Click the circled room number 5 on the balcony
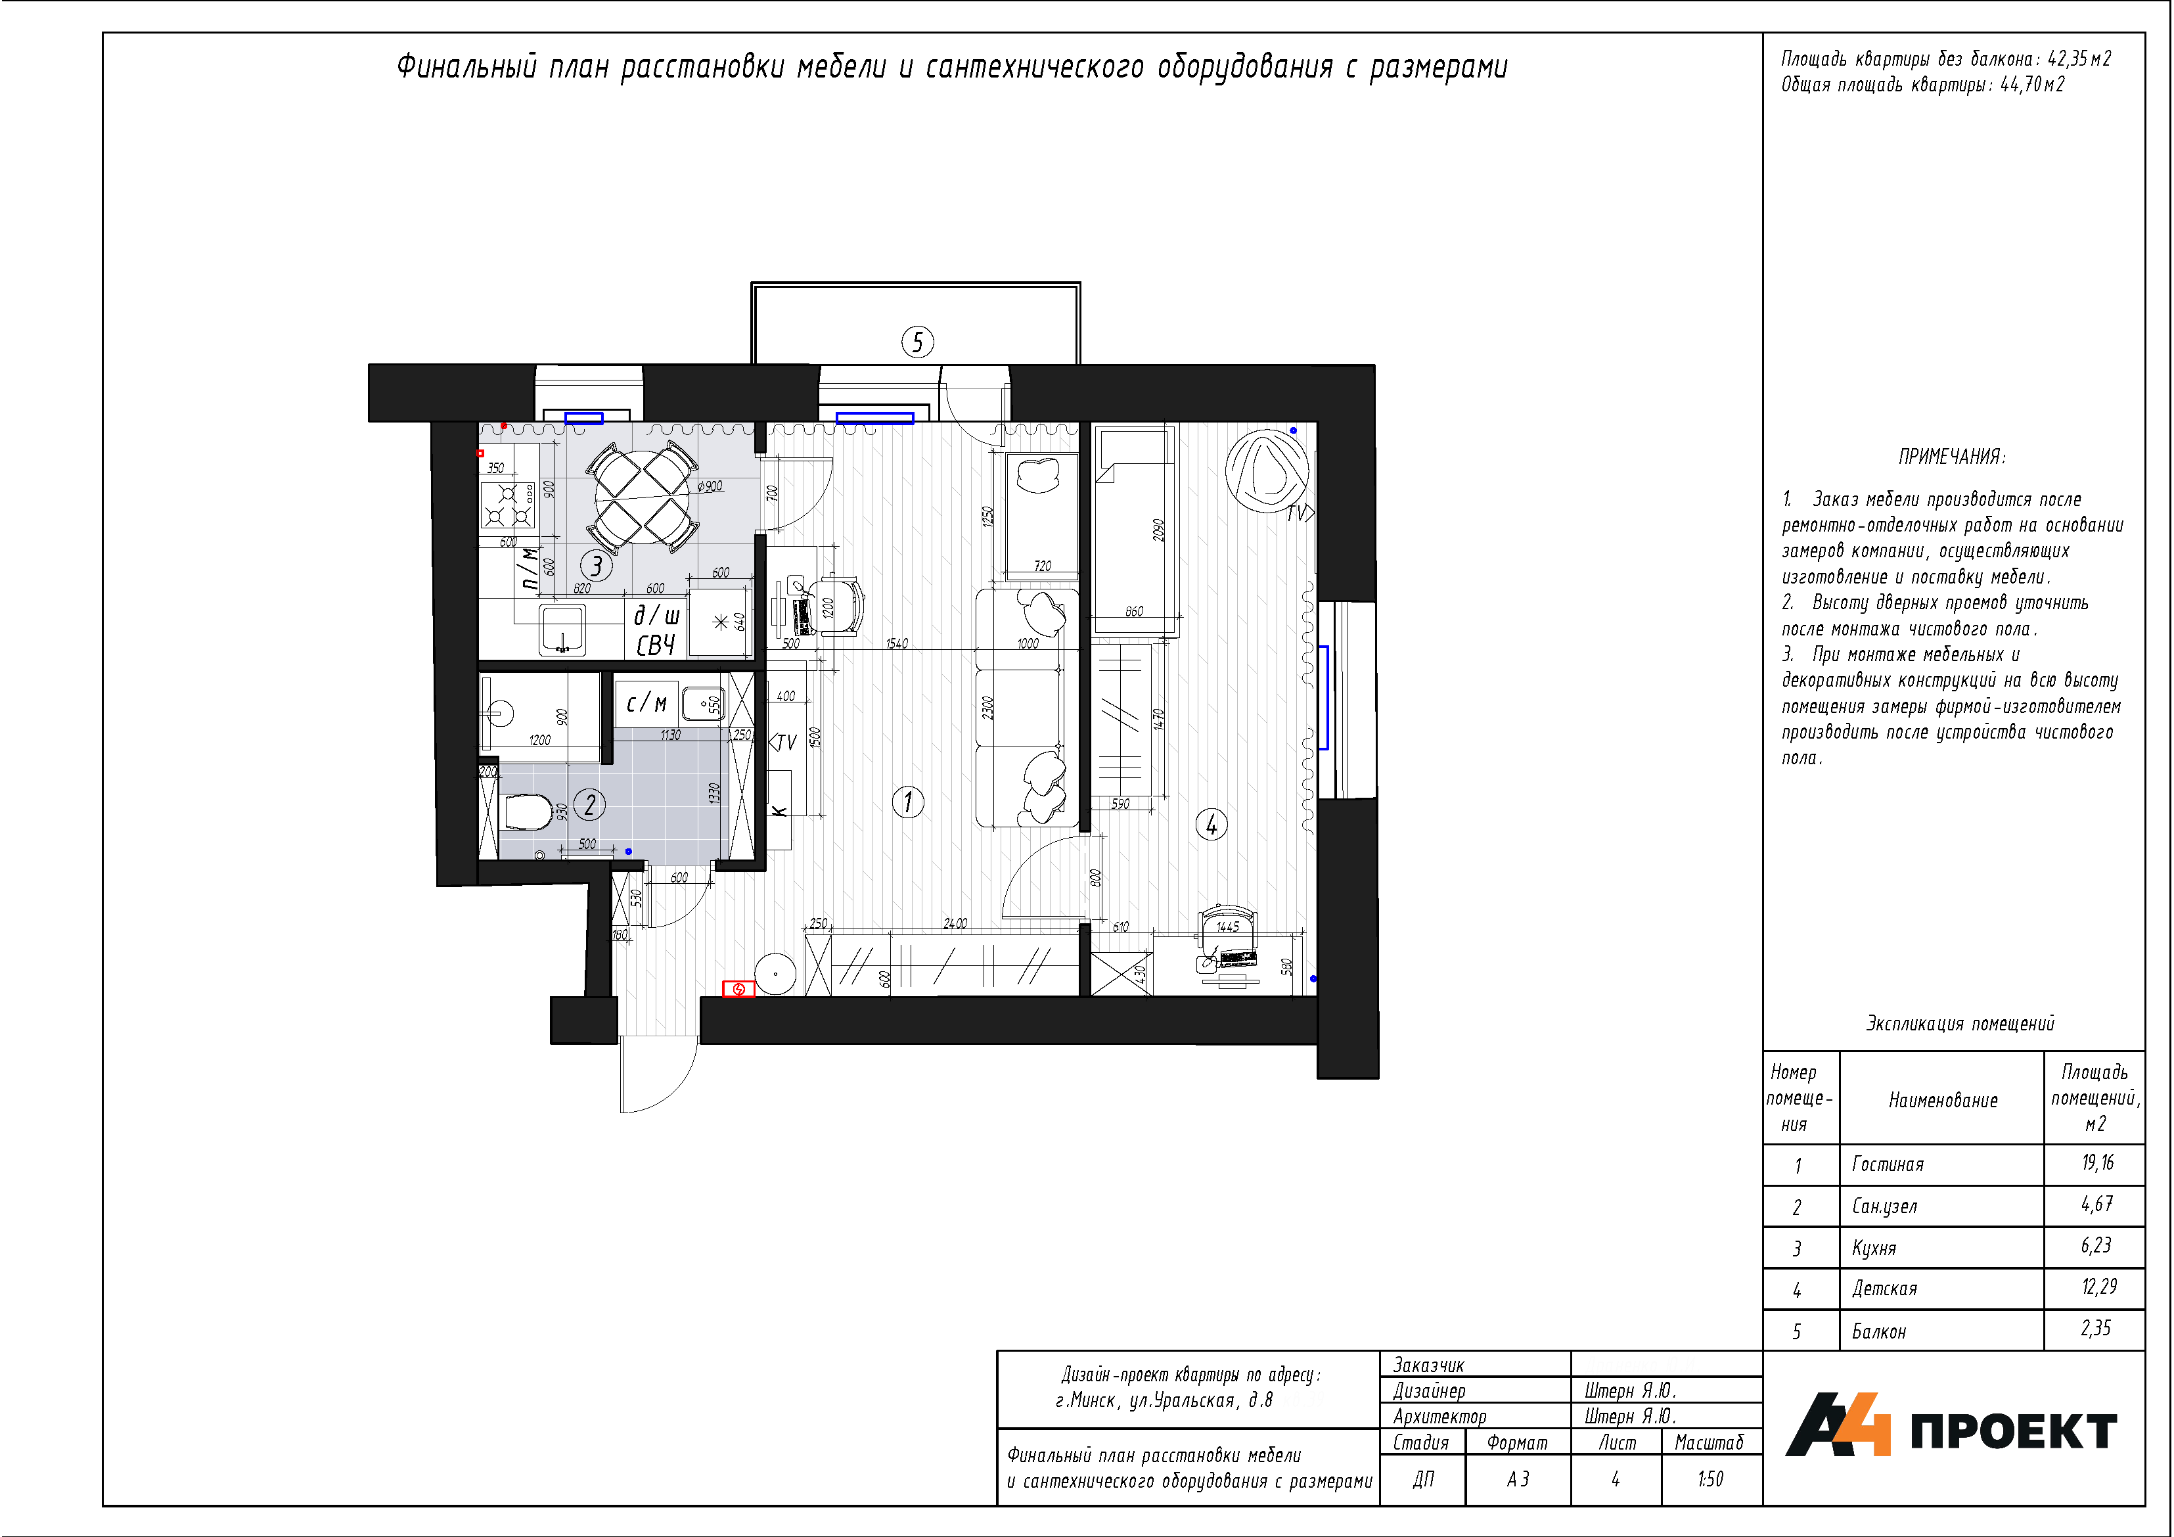tap(917, 342)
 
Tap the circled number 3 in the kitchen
tap(597, 565)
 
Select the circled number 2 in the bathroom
tap(590, 805)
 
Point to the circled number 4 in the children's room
tap(1211, 824)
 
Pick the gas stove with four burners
tap(507, 505)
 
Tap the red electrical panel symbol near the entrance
tap(738, 989)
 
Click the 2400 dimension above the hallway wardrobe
tap(955, 923)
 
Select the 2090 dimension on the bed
tap(1158, 530)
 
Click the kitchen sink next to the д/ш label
tap(564, 630)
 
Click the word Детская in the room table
tap(1884, 1289)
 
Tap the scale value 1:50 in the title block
tap(1710, 1479)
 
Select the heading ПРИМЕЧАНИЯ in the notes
tap(1951, 457)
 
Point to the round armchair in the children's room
tap(1266, 470)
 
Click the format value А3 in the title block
tap(1518, 1479)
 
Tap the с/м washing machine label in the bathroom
tap(646, 702)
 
